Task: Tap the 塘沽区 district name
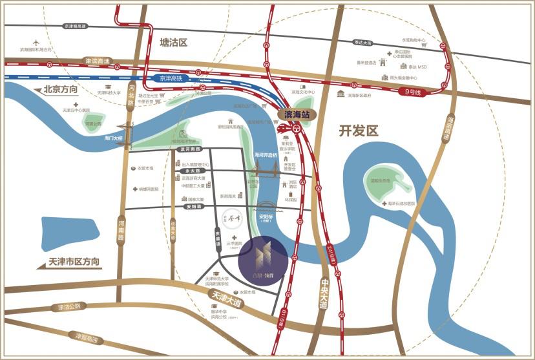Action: pyautogui.click(x=173, y=43)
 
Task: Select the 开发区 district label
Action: pyautogui.click(x=359, y=131)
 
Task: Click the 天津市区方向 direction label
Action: pyautogui.click(x=74, y=262)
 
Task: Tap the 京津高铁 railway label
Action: pyautogui.click(x=172, y=78)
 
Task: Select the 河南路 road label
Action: pyautogui.click(x=121, y=229)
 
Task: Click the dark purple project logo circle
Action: pyautogui.click(x=262, y=260)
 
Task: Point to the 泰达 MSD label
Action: pyautogui.click(x=417, y=67)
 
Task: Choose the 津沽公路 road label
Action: pyautogui.click(x=69, y=306)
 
